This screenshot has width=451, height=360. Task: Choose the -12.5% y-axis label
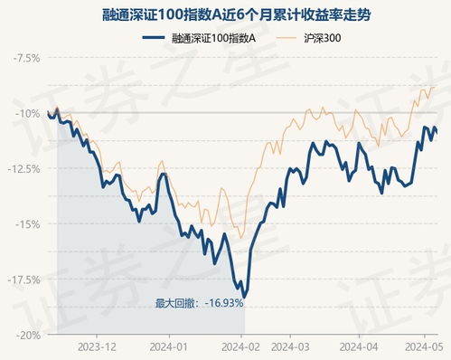(x=23, y=168)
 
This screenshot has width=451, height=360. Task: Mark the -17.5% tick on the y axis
(x=23, y=279)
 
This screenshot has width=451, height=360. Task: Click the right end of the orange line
(x=437, y=86)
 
